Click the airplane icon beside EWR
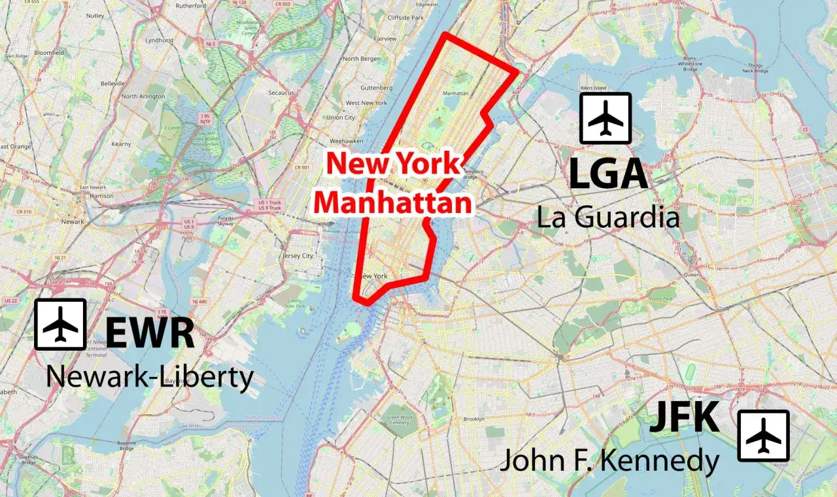[60, 325]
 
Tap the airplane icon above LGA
[606, 118]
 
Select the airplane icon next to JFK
[763, 436]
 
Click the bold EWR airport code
[150, 332]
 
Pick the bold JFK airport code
[684, 417]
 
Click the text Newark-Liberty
[150, 377]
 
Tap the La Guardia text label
[608, 216]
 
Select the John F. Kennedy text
[609, 461]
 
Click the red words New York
[394, 163]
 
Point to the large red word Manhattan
[393, 202]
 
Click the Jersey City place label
[298, 256]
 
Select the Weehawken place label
[347, 141]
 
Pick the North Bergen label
[361, 59]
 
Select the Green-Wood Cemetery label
[399, 419]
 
